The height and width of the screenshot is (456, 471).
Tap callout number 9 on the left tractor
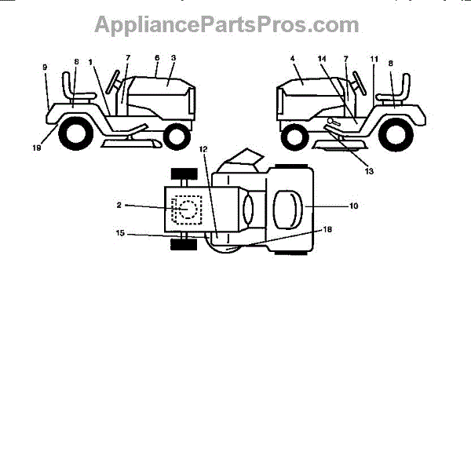[x=45, y=67]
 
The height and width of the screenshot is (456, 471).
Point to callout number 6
[x=156, y=57]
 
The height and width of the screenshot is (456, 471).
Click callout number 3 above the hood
[x=173, y=57]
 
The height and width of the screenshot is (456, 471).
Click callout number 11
[x=374, y=57]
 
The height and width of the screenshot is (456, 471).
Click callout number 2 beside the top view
[x=119, y=205]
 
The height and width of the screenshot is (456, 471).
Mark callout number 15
[x=119, y=233]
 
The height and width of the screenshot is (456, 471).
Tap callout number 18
[x=328, y=229]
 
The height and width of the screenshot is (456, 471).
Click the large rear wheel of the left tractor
[x=71, y=134]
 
